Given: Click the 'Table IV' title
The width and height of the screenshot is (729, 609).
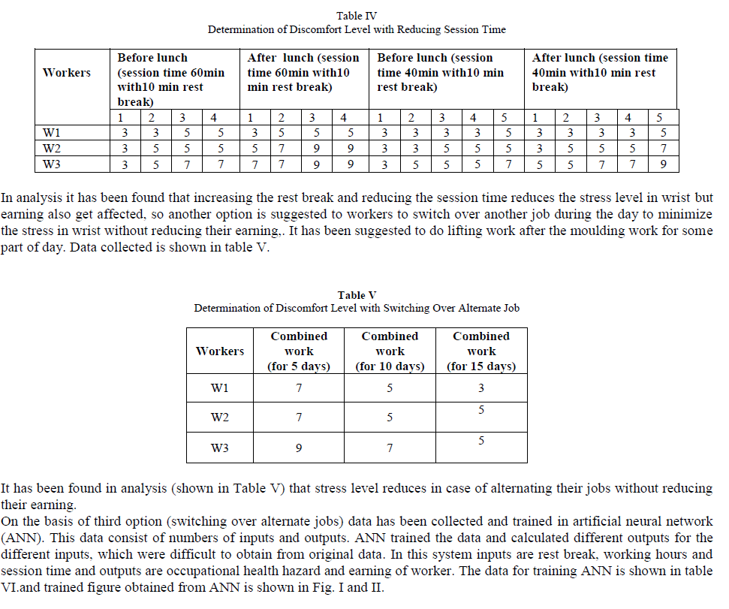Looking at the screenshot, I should (x=357, y=15).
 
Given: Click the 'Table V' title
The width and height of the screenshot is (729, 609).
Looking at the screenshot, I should (x=357, y=295).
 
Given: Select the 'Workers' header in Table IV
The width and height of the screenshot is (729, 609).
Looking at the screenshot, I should (x=67, y=73).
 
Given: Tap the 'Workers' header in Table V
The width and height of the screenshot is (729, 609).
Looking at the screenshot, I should (x=220, y=351).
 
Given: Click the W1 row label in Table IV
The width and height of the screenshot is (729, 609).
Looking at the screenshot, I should (x=52, y=134).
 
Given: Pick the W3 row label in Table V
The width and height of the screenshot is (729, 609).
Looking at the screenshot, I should (x=220, y=448).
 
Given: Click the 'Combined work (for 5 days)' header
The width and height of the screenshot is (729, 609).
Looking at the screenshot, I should (x=299, y=351).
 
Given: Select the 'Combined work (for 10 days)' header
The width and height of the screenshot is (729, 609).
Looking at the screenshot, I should (x=390, y=351).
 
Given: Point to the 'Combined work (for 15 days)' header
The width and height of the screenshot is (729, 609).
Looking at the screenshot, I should (x=481, y=351).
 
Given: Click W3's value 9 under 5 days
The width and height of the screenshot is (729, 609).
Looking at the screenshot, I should (x=299, y=448).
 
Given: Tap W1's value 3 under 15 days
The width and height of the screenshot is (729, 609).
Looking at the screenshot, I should (x=481, y=388).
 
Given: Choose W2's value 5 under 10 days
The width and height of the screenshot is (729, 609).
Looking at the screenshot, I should (x=390, y=418).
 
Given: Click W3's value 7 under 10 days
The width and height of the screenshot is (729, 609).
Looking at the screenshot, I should (x=390, y=448).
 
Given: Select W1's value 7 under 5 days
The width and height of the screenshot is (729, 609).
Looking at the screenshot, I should (x=299, y=388).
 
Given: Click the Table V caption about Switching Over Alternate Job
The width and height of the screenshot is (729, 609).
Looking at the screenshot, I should (x=357, y=308).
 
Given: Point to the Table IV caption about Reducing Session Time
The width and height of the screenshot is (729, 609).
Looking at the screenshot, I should (x=357, y=29).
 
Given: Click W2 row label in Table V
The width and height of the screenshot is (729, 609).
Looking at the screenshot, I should (x=220, y=418).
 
